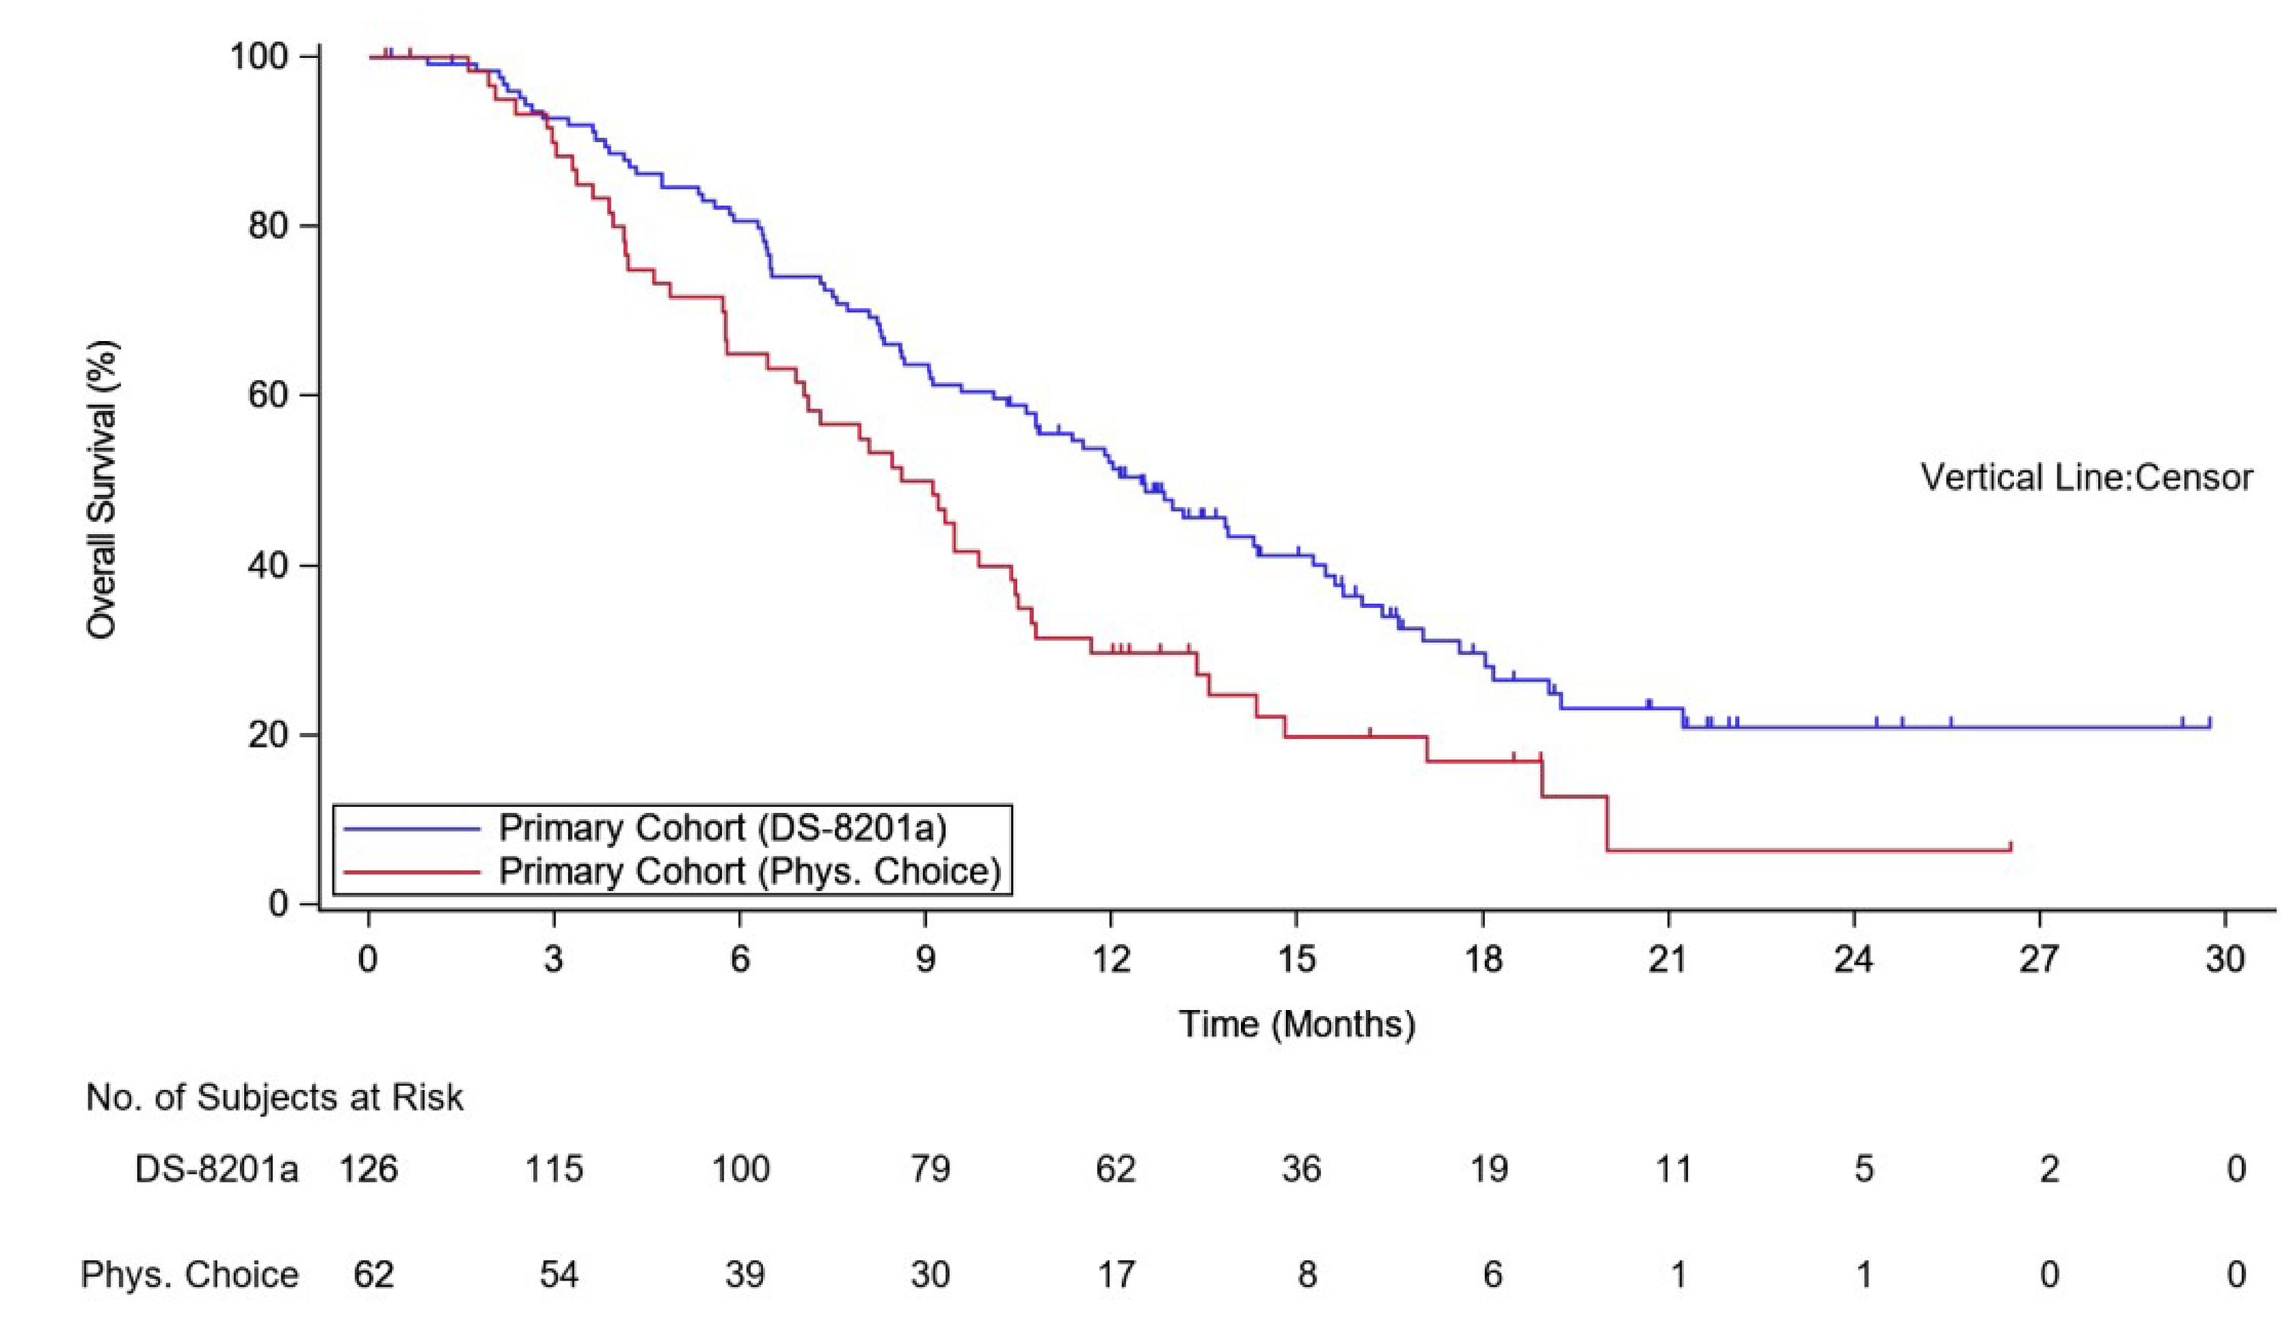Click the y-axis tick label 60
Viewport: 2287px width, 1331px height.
(268, 395)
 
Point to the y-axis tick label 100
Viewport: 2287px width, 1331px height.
(258, 56)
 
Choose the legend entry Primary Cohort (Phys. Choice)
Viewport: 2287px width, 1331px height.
(749, 871)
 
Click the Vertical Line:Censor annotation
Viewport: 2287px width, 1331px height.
(2087, 477)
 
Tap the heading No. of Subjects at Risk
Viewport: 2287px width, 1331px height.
(274, 1098)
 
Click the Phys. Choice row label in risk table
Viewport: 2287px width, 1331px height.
(190, 1275)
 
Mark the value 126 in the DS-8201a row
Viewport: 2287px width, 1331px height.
(368, 1169)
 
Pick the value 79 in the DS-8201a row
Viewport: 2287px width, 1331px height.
(929, 1169)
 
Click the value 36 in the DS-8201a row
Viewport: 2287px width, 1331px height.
(1301, 1169)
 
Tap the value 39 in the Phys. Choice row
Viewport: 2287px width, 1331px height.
(744, 1275)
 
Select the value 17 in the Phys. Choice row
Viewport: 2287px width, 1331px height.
(1115, 1275)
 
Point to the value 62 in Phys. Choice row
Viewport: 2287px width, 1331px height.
(373, 1275)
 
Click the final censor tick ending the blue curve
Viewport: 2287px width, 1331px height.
(2210, 722)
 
